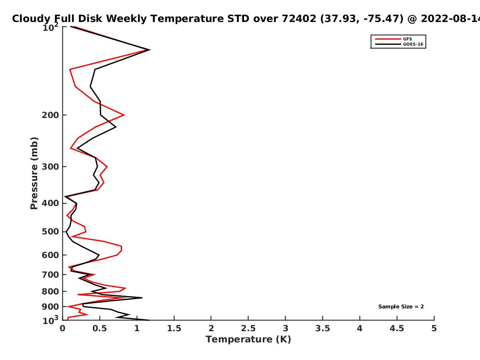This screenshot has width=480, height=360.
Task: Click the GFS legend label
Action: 407,39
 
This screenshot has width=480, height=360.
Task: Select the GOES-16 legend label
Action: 413,44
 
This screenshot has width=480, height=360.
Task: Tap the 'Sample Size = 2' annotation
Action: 401,307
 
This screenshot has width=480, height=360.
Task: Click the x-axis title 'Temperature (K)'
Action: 248,340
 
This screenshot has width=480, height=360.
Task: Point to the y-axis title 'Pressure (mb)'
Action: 34,173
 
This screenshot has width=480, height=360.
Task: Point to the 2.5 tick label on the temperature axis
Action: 248,328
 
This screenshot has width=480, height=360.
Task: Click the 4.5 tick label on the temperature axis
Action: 397,328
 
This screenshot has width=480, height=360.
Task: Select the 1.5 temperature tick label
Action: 174,328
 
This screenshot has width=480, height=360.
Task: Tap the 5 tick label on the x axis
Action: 434,328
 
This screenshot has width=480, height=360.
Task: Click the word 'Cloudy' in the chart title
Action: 31,19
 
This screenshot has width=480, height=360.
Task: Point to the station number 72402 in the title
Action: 299,18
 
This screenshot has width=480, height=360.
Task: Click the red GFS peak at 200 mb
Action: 124,115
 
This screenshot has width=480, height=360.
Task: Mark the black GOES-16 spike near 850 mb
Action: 142,298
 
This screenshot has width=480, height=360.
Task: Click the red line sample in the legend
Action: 388,39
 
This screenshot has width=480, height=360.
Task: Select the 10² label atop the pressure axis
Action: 50,27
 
